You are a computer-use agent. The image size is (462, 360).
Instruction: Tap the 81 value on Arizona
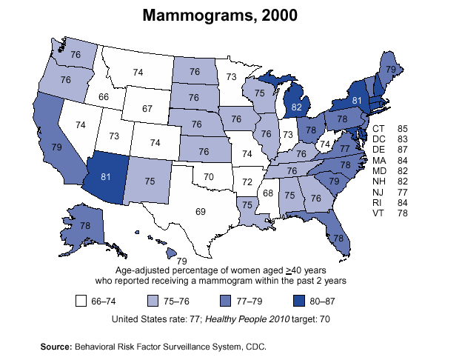coord(106,177)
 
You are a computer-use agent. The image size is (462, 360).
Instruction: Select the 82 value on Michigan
coord(297,107)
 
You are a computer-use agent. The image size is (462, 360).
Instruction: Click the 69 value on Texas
coord(200,212)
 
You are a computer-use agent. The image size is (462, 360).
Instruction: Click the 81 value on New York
coord(356,100)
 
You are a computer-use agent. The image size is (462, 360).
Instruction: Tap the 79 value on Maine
coord(390,69)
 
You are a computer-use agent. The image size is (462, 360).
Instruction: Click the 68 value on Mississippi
coord(268,193)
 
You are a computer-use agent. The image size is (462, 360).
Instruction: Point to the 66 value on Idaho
coord(103,97)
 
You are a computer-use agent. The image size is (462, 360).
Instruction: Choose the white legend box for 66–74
coord(82,301)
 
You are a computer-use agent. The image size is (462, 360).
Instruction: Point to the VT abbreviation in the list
coord(378,213)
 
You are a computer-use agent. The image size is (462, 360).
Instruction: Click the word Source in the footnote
coord(56,346)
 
